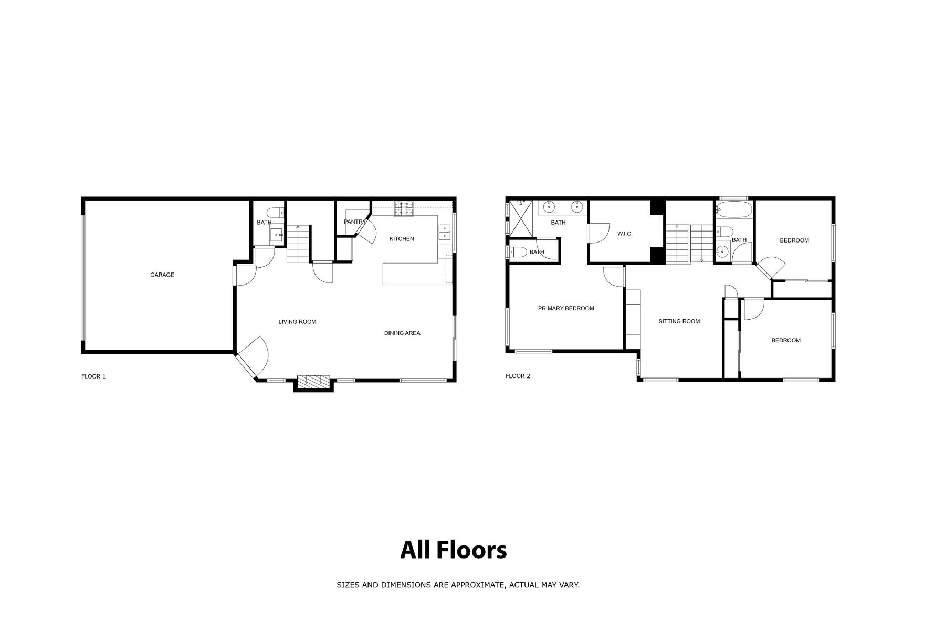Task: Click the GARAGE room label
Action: click(x=162, y=275)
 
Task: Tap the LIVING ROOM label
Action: click(x=297, y=322)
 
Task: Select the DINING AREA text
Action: click(x=402, y=333)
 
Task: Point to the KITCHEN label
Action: click(x=402, y=239)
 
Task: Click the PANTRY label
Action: click(x=355, y=222)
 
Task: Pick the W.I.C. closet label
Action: click(x=625, y=234)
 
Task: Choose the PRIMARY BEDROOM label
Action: click(x=566, y=308)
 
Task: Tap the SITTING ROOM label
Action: click(x=679, y=321)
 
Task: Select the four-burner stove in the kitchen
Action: click(x=404, y=208)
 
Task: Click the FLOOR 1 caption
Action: click(x=93, y=376)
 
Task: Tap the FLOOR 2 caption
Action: click(x=518, y=376)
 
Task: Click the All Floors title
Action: click(x=454, y=550)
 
